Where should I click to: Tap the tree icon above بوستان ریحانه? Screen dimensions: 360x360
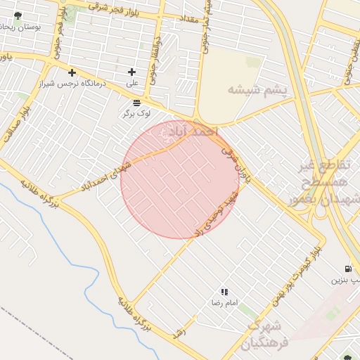pyautogui.click(x=18, y=15)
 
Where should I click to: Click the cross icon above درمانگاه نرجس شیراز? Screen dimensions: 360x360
pyautogui.click(x=72, y=72)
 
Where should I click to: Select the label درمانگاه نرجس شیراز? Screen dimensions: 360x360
pyautogui.click(x=72, y=84)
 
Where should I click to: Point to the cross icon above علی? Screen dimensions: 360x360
pyautogui.click(x=131, y=72)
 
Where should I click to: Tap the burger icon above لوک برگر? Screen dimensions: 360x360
pyautogui.click(x=127, y=102)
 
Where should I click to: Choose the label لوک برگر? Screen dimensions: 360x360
pyautogui.click(x=128, y=112)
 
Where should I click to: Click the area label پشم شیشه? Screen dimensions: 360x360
pyautogui.click(x=257, y=89)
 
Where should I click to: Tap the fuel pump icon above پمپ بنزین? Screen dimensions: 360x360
pyautogui.click(x=348, y=269)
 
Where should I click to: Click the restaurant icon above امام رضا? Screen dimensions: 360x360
pyautogui.click(x=224, y=291)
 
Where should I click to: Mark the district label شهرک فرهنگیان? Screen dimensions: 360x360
pyautogui.click(x=263, y=335)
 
